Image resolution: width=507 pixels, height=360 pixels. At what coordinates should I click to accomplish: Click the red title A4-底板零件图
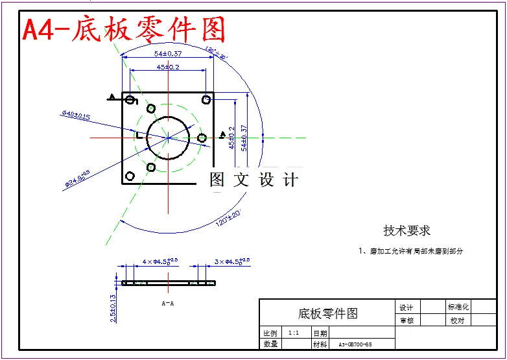[124, 29]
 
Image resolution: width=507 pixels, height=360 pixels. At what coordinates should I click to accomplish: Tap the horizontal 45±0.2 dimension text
[168, 67]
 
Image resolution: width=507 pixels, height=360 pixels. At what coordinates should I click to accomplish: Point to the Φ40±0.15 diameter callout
[76, 115]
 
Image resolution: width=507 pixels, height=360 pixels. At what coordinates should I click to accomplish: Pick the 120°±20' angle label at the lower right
[228, 219]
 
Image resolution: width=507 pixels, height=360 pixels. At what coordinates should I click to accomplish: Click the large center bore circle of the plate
[168, 138]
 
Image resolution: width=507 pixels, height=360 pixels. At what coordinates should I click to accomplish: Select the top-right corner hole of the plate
[206, 99]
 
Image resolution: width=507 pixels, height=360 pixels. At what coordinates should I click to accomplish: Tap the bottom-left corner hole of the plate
[130, 176]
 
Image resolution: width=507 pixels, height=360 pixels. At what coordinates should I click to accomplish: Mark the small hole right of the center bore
[202, 138]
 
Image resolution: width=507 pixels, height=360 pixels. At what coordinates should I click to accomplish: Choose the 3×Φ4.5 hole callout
[232, 261]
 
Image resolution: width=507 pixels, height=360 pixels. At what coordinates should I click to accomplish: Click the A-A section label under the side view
[167, 303]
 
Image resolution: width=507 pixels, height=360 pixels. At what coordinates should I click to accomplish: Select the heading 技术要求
[407, 230]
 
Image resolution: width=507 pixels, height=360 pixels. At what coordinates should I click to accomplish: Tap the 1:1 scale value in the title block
[294, 332]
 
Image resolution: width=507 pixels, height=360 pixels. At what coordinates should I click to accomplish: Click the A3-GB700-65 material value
[355, 344]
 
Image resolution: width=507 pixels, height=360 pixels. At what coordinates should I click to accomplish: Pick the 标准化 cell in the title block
[458, 307]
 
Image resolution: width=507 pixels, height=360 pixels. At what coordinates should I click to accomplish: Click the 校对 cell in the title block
[457, 320]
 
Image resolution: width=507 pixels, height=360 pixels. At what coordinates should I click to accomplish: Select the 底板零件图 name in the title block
[327, 313]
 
